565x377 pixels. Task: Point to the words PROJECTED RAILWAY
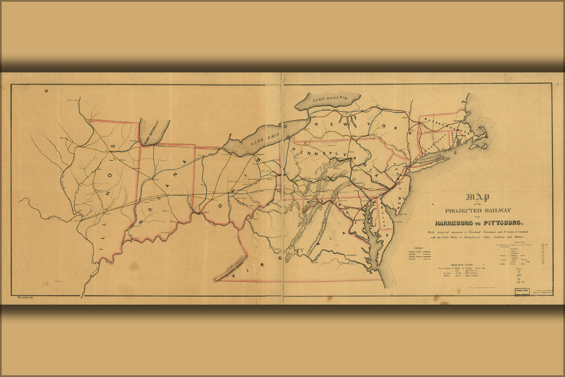pos(478,210)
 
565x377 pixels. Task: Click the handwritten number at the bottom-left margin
pos(24,297)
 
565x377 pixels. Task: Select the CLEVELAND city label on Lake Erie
pos(260,155)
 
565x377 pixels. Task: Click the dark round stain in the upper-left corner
pos(46,90)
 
